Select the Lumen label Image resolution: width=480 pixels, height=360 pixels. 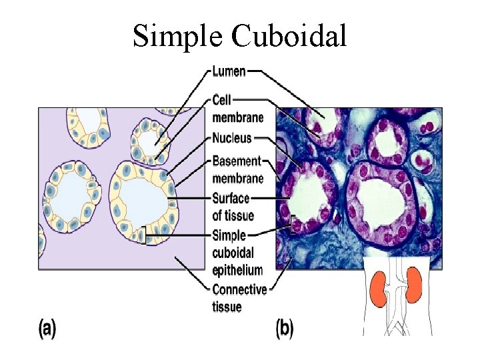[229, 71]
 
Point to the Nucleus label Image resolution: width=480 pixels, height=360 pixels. [231, 139]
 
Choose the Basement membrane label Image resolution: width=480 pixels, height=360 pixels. [237, 169]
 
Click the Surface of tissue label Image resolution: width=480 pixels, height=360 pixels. [232, 207]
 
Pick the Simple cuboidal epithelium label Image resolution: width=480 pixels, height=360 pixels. [237, 253]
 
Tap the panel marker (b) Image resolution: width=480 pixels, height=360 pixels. [284, 328]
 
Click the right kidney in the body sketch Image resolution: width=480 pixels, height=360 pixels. [414, 285]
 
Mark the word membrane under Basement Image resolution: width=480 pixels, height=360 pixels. [237, 178]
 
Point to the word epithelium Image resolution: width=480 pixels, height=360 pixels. [237, 270]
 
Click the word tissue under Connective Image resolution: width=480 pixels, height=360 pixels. [227, 307]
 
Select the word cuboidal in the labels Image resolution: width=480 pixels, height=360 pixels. [233, 253]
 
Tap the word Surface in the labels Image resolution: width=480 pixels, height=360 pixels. [231, 198]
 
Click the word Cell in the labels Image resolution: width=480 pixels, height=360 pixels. [222, 100]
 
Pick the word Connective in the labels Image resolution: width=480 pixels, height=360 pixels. [239, 289]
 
